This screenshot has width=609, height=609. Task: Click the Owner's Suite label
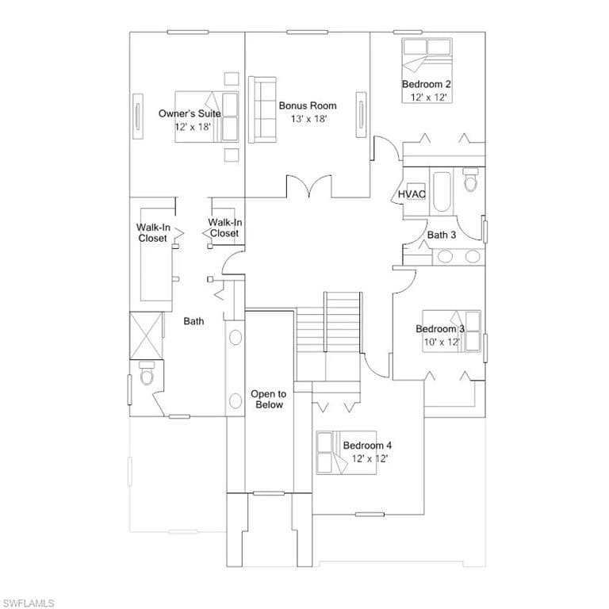pos(190,113)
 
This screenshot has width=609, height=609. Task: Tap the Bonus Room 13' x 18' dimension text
pos(308,119)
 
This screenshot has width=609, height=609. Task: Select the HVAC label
pos(412,193)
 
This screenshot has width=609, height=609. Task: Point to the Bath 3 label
pos(442,235)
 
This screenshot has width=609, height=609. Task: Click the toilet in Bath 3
pos(470,179)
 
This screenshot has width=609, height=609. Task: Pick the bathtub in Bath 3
pos(442,191)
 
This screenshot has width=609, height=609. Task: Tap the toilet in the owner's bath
pos(147,373)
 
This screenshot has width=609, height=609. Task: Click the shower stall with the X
pos(146,336)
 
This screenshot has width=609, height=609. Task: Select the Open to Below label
pos(268,400)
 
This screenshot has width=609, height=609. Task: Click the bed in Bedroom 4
pos(347,453)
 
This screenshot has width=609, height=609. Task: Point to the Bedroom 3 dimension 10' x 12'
pos(442,342)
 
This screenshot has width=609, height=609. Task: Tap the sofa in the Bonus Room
pos(262,109)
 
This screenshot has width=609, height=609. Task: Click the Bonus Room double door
pos(309,186)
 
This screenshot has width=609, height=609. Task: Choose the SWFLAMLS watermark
pos(27,603)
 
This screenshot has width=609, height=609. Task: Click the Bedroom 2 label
pos(426,84)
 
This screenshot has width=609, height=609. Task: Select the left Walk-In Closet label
pos(153,232)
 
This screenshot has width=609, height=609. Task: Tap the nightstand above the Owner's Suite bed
pos(232,79)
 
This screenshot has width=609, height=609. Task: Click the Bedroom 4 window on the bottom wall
pos(370,515)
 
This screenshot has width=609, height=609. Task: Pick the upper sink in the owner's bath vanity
pos(236,337)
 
